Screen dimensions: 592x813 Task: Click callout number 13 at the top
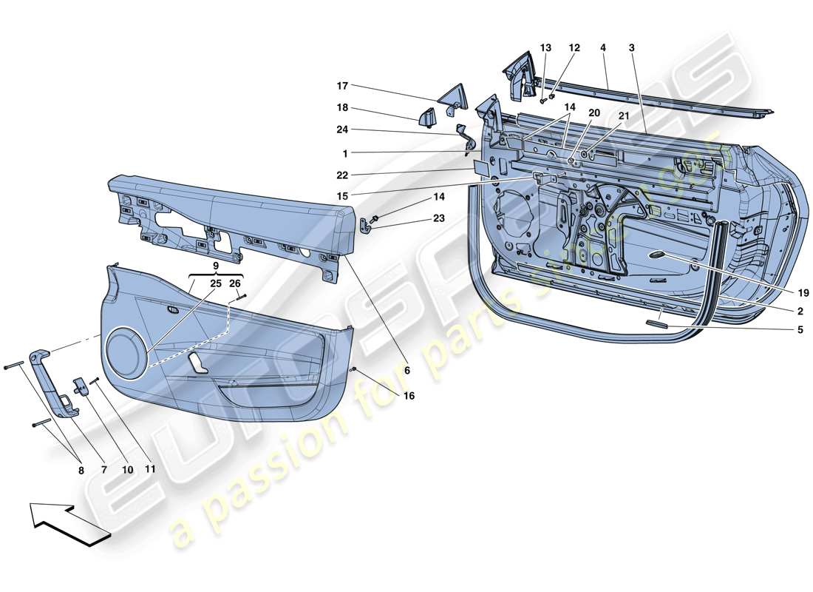tap(545, 48)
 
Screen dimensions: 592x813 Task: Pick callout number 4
tap(603, 48)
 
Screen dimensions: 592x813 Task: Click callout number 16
tap(408, 396)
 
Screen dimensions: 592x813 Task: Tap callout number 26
tap(234, 283)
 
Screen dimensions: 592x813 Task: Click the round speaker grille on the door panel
tap(126, 349)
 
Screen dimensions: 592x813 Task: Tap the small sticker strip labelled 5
tap(656, 323)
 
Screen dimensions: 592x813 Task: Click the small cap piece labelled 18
tap(428, 118)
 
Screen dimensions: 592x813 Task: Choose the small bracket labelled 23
tap(367, 225)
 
